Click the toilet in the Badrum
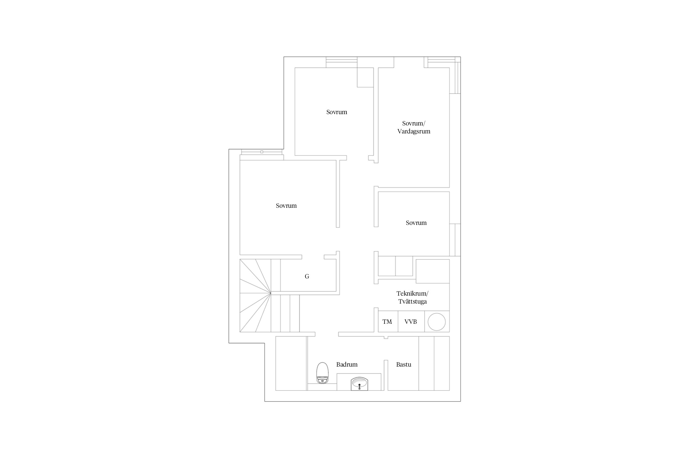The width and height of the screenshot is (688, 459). [322, 373]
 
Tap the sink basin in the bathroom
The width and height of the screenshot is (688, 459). [360, 384]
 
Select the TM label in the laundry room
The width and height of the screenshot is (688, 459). [387, 322]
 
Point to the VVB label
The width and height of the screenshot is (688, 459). [411, 322]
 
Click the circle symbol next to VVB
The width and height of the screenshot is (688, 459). [436, 322]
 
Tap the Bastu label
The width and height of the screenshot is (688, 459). [404, 364]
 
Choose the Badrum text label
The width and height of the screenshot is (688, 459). [347, 364]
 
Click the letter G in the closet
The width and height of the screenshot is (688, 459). [307, 276]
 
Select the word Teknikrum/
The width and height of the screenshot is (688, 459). [412, 293]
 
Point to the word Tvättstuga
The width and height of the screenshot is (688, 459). [412, 301]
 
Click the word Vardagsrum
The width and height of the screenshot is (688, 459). [414, 131]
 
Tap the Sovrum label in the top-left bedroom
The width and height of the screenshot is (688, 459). [337, 112]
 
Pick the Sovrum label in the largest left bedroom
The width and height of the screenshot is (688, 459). [286, 206]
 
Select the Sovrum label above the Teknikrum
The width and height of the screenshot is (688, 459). [416, 223]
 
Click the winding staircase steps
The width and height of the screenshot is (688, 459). [255, 296]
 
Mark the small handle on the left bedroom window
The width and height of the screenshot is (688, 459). [262, 152]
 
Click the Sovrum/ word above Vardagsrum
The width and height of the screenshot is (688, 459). [414, 123]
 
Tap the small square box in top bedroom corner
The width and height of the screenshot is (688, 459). [365, 77]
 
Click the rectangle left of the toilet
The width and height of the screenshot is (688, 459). [291, 363]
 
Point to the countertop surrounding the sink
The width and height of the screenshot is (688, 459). [359, 382]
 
